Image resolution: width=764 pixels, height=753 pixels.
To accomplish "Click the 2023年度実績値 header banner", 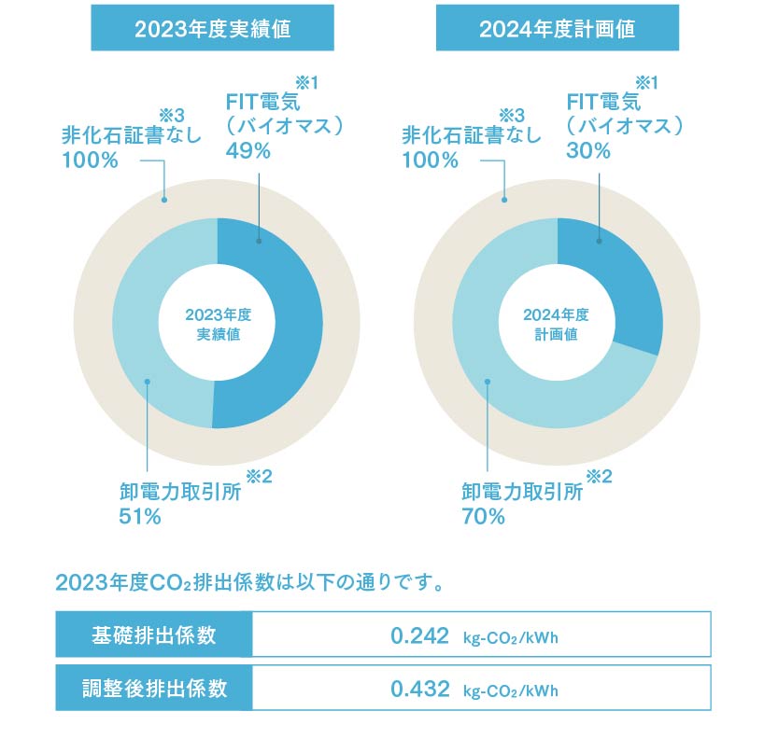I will (x=212, y=29).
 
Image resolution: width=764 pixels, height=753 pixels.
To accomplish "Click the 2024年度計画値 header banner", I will (x=557, y=29).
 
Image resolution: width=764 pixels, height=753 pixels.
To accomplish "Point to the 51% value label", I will (x=140, y=516).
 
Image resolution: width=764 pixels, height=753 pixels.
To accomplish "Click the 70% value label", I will (x=483, y=516).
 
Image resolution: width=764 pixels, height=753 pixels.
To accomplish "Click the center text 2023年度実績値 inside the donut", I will (x=218, y=324).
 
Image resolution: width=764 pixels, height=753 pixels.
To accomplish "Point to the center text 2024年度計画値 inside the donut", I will (x=558, y=324).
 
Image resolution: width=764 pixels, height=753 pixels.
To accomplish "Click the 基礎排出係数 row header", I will (x=154, y=636).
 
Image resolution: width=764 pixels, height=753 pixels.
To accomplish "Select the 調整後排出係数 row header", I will (x=154, y=690).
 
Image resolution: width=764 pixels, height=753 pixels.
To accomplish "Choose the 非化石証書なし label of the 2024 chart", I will (x=471, y=135).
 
